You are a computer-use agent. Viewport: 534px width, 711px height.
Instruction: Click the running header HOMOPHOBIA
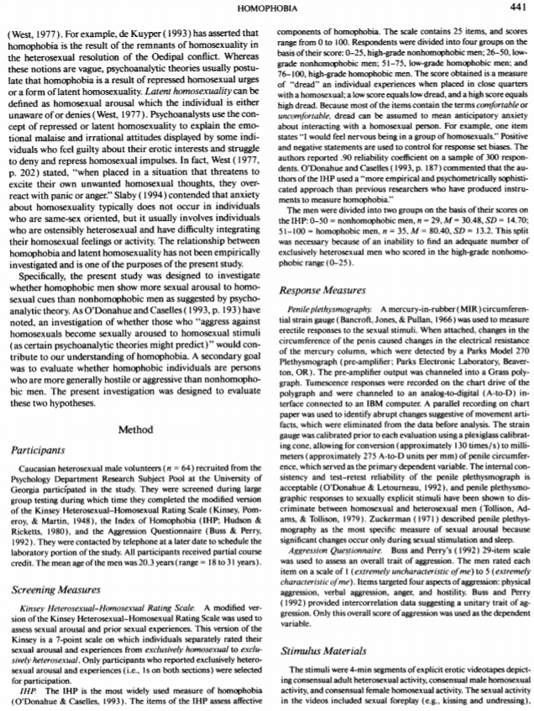pyautogui.click(x=266, y=8)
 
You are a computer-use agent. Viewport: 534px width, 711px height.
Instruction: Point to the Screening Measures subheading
pyautogui.click(x=56, y=591)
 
